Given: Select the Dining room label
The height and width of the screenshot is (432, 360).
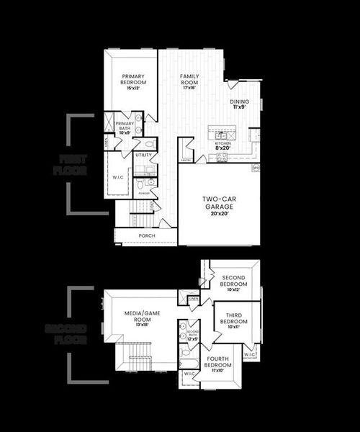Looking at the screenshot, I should click(240, 105).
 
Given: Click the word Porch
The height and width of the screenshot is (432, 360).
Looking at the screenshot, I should click(146, 235).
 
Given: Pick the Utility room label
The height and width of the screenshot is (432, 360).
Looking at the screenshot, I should click(143, 155).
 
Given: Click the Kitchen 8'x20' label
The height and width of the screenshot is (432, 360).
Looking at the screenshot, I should click(224, 146).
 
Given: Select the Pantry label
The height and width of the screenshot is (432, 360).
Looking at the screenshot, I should click(185, 162).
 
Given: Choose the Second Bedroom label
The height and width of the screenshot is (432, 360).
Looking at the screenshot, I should click(234, 281).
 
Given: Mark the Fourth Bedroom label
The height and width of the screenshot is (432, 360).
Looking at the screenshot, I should click(217, 365).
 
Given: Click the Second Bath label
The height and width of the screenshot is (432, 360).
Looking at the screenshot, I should click(192, 335).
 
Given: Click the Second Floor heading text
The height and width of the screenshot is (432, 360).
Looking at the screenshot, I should click(66, 334).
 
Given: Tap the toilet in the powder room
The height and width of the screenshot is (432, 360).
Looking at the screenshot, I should click(141, 185).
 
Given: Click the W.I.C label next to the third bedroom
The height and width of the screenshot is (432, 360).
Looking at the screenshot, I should click(249, 355).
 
